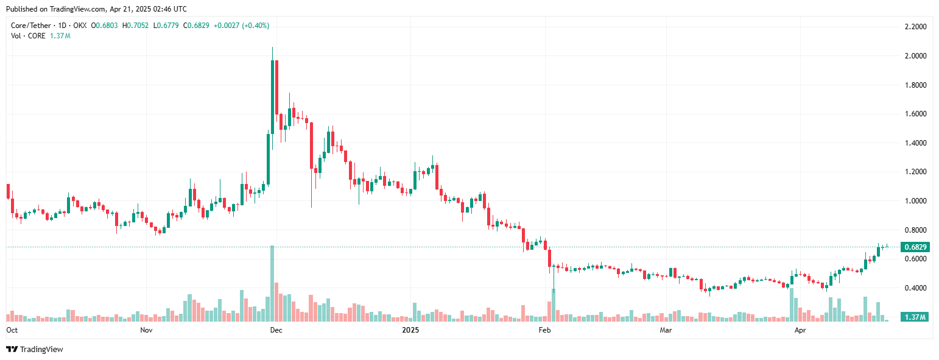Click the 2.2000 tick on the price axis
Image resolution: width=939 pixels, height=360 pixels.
point(915,27)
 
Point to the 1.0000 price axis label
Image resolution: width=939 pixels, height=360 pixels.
point(915,201)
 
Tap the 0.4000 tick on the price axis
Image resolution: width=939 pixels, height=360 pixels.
point(915,288)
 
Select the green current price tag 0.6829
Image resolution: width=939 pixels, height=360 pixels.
point(915,247)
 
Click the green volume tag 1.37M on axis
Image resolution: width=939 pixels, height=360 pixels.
point(915,317)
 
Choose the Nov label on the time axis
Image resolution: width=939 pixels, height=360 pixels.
point(146,330)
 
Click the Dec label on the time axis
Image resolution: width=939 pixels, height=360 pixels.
point(276,330)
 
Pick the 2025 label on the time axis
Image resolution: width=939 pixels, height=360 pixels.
point(411,330)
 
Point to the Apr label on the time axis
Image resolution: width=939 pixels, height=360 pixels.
point(800,330)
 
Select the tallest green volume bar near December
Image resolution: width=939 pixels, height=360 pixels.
point(272,283)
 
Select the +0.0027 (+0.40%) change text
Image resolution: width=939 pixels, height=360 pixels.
point(242,26)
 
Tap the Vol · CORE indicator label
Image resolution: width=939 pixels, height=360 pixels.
point(27,36)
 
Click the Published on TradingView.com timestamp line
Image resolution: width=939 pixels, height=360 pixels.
point(96,9)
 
